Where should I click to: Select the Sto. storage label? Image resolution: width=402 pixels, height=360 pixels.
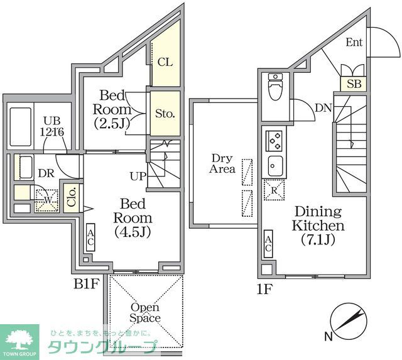click(x=165, y=114)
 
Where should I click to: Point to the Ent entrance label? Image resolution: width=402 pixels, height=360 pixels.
click(x=353, y=42)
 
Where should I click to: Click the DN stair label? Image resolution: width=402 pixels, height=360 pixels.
click(x=323, y=108)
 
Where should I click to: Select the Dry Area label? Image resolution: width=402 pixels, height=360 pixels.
click(x=223, y=163)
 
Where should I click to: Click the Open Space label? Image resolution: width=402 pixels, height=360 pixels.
click(x=145, y=312)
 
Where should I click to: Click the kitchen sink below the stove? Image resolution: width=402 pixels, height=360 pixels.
click(x=275, y=167)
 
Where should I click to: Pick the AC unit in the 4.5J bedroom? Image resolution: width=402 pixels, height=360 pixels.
click(x=90, y=237)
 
